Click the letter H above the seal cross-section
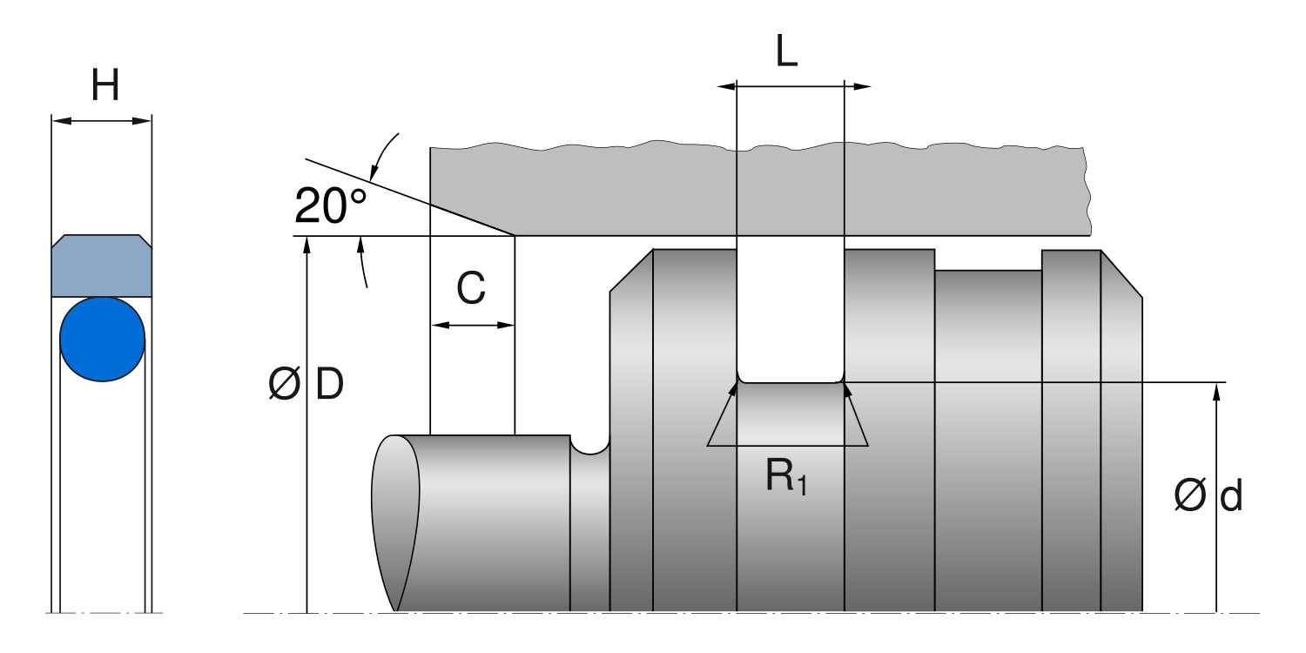(104, 85)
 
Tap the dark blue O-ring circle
(103, 339)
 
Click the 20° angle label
(331, 206)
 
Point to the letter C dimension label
(471, 289)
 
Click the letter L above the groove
(786, 54)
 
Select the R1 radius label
(786, 477)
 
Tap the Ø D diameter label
(306, 385)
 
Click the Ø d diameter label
(1208, 496)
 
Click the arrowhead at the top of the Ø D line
(306, 244)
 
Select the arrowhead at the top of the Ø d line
(1216, 390)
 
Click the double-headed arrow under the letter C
(473, 326)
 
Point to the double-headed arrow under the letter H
(102, 120)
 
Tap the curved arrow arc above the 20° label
(384, 157)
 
